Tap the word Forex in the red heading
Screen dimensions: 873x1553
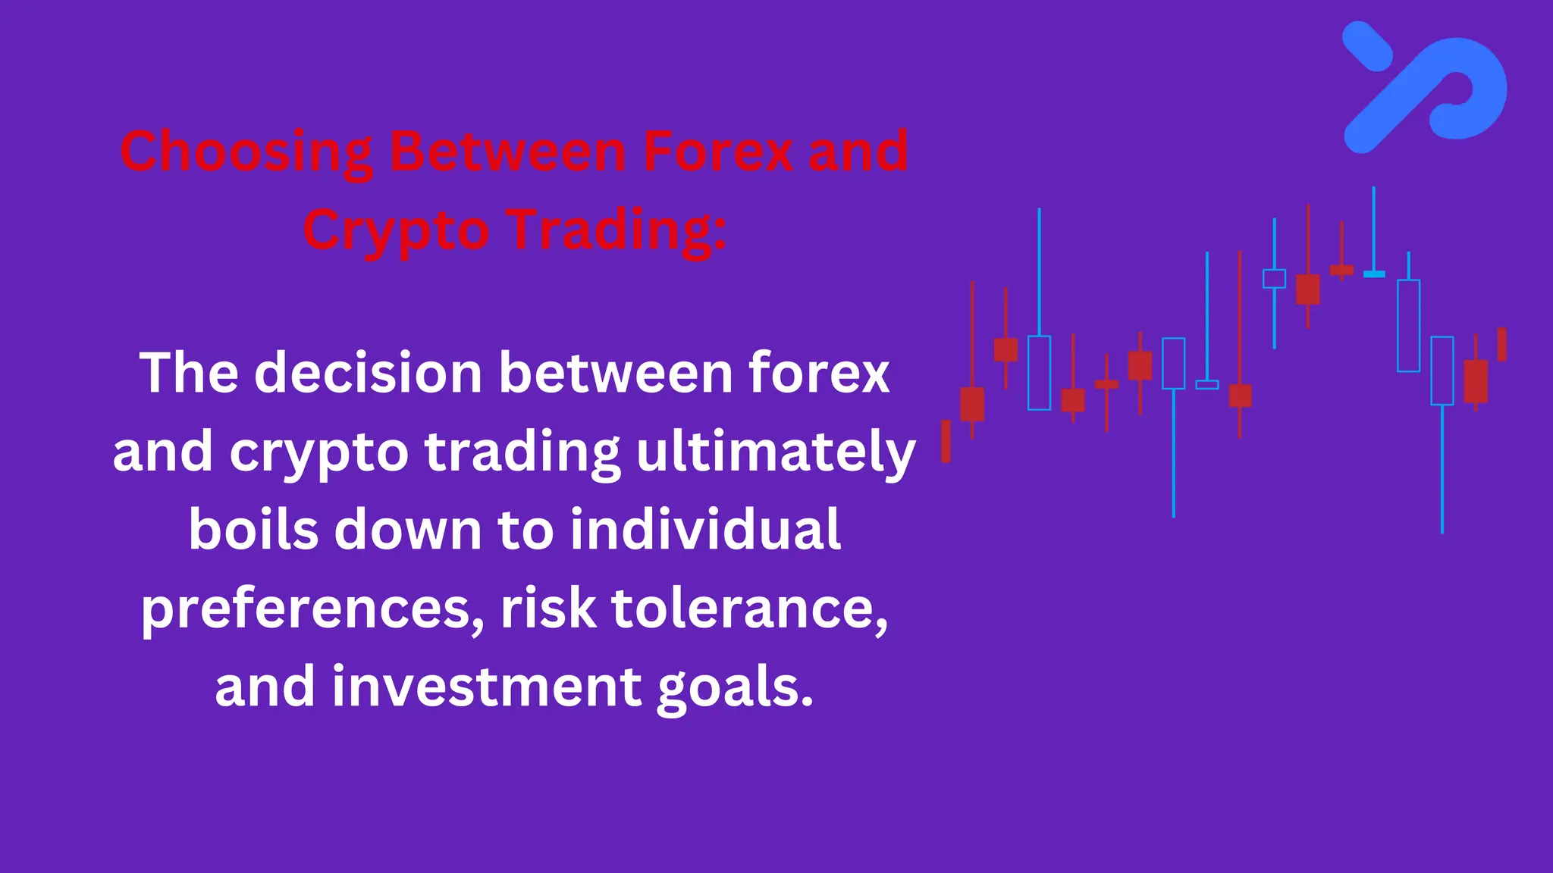717,151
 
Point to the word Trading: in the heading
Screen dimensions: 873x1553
617,230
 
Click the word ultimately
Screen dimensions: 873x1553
776,452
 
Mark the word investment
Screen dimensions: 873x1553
487,687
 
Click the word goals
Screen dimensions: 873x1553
734,687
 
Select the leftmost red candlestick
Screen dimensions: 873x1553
946,441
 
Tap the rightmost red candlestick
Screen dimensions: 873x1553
1501,345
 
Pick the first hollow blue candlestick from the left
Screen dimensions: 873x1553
1039,373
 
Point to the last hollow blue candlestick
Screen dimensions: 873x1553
1442,371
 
